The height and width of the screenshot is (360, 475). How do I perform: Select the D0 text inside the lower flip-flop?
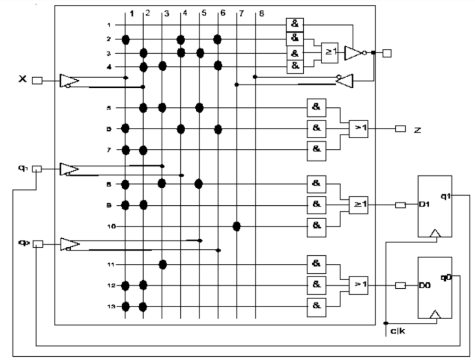[x=426, y=286]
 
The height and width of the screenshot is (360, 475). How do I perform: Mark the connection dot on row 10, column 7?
[x=237, y=227]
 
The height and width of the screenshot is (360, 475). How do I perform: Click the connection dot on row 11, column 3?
[x=163, y=264]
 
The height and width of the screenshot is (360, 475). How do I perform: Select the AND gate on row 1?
[x=293, y=24]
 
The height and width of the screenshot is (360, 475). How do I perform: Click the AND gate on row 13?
[x=316, y=305]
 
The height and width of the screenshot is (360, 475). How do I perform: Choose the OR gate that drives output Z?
[x=359, y=129]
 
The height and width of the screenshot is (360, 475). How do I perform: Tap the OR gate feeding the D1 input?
[x=359, y=204]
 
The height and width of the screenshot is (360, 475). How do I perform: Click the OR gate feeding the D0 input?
[x=359, y=285]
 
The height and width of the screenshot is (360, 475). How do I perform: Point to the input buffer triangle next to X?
[x=69, y=81]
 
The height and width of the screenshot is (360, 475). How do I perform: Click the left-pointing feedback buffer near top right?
[x=344, y=81]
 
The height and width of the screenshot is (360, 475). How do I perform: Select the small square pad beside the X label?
[x=37, y=81]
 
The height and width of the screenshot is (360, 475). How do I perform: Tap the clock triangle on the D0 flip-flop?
[x=436, y=316]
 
